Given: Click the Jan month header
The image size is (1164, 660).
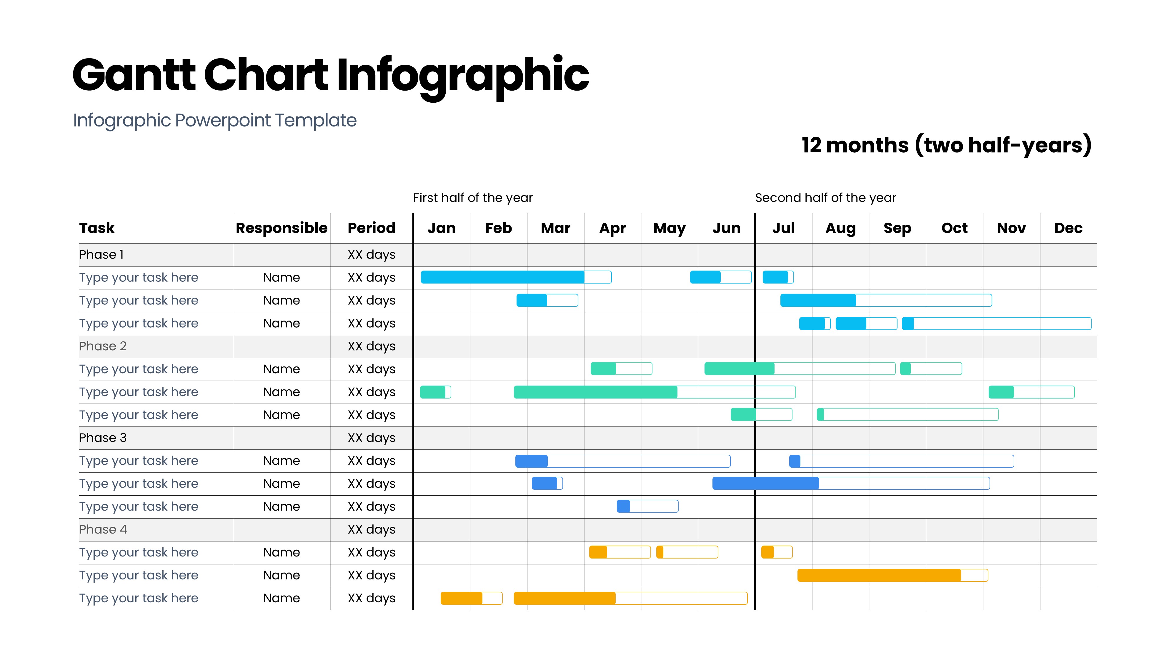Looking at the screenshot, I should click(x=442, y=228).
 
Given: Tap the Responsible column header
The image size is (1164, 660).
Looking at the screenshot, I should click(x=282, y=228).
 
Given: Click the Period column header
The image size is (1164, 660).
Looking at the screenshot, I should click(x=371, y=228).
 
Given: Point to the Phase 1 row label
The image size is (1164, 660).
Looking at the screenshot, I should click(x=101, y=255).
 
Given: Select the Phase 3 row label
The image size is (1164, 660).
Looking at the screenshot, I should click(x=103, y=438).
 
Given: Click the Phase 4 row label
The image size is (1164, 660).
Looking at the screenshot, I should click(x=103, y=529).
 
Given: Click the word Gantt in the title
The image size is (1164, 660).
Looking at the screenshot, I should click(x=134, y=75).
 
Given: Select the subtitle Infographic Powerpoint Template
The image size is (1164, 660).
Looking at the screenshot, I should click(x=215, y=121).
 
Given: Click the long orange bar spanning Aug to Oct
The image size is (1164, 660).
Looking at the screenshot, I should click(x=892, y=575).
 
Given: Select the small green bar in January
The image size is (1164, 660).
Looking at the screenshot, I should click(x=435, y=392).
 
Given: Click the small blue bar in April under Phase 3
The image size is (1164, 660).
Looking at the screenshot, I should click(x=647, y=506).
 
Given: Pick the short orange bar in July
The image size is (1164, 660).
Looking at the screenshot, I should click(x=777, y=552).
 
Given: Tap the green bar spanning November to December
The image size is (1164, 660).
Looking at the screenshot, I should click(x=1031, y=392).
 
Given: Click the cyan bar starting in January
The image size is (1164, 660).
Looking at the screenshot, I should click(x=516, y=277).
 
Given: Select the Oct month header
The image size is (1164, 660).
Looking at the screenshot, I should click(x=954, y=228).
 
